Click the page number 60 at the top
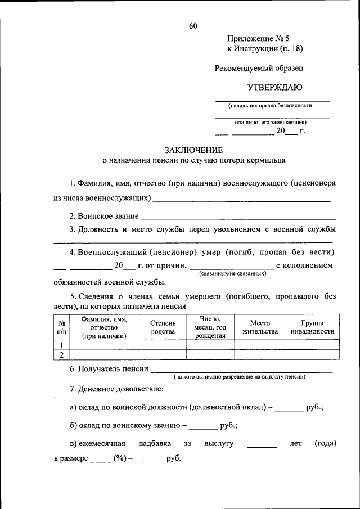pyautogui.click(x=193, y=26)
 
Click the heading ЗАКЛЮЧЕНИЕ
pyautogui.click(x=193, y=150)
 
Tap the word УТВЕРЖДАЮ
pyautogui.click(x=275, y=87)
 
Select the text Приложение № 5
pyautogui.click(x=258, y=39)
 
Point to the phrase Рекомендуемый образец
pyautogui.click(x=259, y=68)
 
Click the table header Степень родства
pyautogui.click(x=163, y=327)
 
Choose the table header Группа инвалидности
pyautogui.click(x=312, y=327)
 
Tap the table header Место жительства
pyautogui.click(x=260, y=327)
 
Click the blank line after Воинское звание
pyautogui.click(x=237, y=217)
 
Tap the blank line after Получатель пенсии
pyautogui.click(x=242, y=370)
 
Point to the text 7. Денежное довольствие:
pyautogui.click(x=116, y=389)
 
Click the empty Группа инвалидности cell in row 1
pyautogui.click(x=312, y=345)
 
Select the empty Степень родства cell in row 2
pyautogui.click(x=163, y=354)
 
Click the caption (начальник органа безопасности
pyautogui.click(x=270, y=105)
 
